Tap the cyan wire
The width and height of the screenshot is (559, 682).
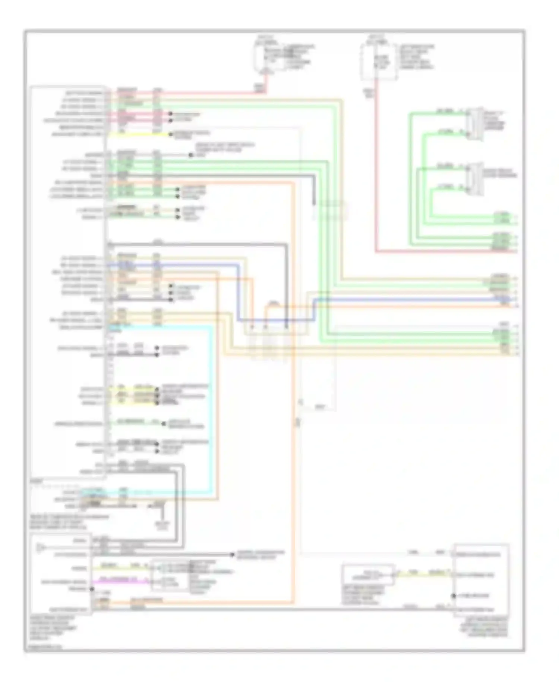[212, 410]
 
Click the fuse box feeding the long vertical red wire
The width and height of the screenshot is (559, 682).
[378, 62]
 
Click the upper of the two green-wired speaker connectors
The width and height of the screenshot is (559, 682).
[475, 123]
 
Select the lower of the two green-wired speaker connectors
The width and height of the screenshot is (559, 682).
[475, 179]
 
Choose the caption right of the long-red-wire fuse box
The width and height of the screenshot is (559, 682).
[416, 57]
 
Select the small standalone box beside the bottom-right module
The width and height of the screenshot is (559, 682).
[368, 575]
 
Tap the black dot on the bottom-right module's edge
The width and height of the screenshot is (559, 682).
[454, 595]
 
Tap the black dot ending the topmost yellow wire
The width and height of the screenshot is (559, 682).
[171, 134]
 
